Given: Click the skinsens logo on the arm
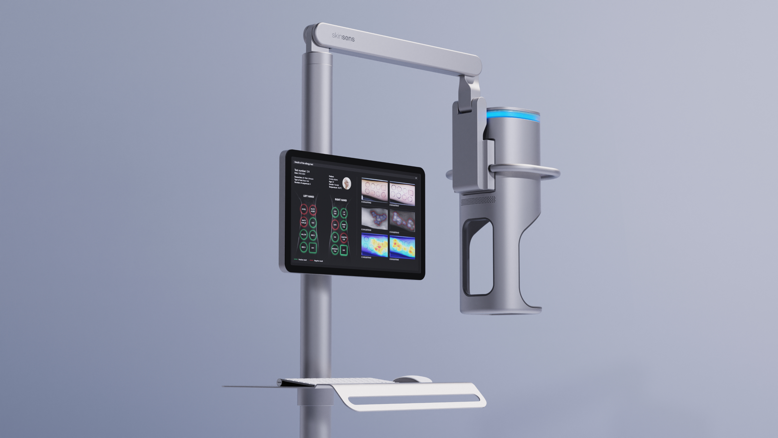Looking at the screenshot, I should click(x=343, y=37).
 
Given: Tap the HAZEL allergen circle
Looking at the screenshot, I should click(x=304, y=209).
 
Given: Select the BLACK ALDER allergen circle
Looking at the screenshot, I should click(x=313, y=210).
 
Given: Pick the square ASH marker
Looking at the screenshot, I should click(x=312, y=248).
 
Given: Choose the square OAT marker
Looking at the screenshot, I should click(x=344, y=250).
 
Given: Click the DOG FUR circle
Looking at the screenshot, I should click(x=335, y=212).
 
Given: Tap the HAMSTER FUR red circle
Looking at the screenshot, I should click(x=344, y=238).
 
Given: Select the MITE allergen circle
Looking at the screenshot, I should click(x=335, y=225).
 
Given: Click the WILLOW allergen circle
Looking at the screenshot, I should click(x=304, y=235).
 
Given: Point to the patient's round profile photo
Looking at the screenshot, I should click(x=347, y=183).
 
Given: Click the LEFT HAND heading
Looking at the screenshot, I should click(x=308, y=196).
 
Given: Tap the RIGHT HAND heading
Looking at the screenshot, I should click(x=341, y=200).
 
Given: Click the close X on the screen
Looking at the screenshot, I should click(x=416, y=178).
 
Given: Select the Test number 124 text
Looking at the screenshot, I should click(x=302, y=171).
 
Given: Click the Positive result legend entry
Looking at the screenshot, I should click(x=301, y=260).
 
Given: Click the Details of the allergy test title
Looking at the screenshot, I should click(x=304, y=163).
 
